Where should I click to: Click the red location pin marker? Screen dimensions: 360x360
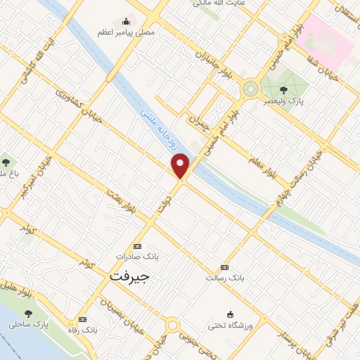(181, 165)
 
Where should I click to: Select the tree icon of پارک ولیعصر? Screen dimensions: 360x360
(283, 89)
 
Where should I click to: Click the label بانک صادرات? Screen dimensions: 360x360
(138, 257)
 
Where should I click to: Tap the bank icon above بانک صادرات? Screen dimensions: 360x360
(137, 246)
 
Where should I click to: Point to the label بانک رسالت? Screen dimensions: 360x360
(224, 278)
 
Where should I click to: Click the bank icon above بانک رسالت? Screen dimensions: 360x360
(224, 267)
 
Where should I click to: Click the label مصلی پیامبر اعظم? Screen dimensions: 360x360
(127, 32)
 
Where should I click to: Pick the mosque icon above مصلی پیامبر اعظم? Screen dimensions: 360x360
(126, 20)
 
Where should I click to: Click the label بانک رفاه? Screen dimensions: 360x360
(83, 329)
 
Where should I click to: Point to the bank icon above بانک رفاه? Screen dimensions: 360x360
(83, 319)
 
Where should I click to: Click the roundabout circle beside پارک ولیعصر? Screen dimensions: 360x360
(250, 89)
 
